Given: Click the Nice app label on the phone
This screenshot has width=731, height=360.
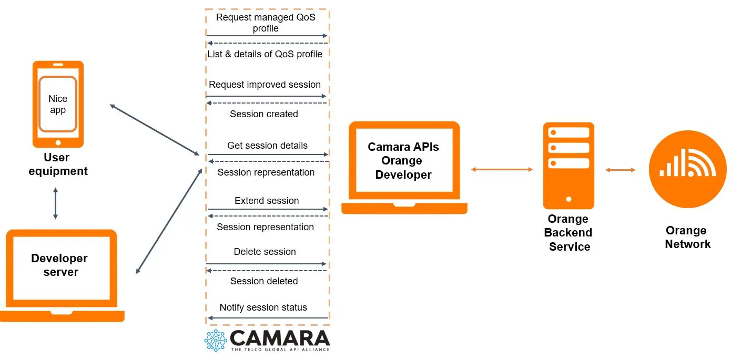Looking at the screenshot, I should point(58,104).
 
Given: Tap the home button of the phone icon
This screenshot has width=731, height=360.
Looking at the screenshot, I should point(58,142).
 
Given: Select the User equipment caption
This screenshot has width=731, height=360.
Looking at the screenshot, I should point(57,164).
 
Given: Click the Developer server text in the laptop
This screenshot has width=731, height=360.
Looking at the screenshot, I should point(60,265).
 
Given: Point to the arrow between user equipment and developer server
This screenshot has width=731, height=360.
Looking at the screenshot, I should point(55,203).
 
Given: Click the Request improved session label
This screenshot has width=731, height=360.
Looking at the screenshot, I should point(265,85).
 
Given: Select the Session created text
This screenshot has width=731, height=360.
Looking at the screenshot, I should point(264,114).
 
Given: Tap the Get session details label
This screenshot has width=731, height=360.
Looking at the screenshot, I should point(267,146).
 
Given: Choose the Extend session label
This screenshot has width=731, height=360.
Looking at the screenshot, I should point(267,201).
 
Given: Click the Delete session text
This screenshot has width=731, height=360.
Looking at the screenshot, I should point(265,252).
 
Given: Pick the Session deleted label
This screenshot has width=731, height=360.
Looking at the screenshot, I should point(264,281).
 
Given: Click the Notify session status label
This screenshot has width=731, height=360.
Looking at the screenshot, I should point(263,307).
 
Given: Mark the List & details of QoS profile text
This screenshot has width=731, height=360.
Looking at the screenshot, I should point(265,54).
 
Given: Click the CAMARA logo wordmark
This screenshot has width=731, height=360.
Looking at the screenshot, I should point(279,337).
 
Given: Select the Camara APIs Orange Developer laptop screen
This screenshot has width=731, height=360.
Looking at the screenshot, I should point(403,160).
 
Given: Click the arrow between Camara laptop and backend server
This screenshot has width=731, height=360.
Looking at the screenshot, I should point(502,169).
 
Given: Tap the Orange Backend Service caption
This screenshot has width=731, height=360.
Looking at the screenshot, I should point(568,233).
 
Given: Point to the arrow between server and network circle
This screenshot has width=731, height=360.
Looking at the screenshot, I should point(620,170).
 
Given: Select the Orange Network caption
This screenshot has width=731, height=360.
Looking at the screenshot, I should point(687,237).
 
